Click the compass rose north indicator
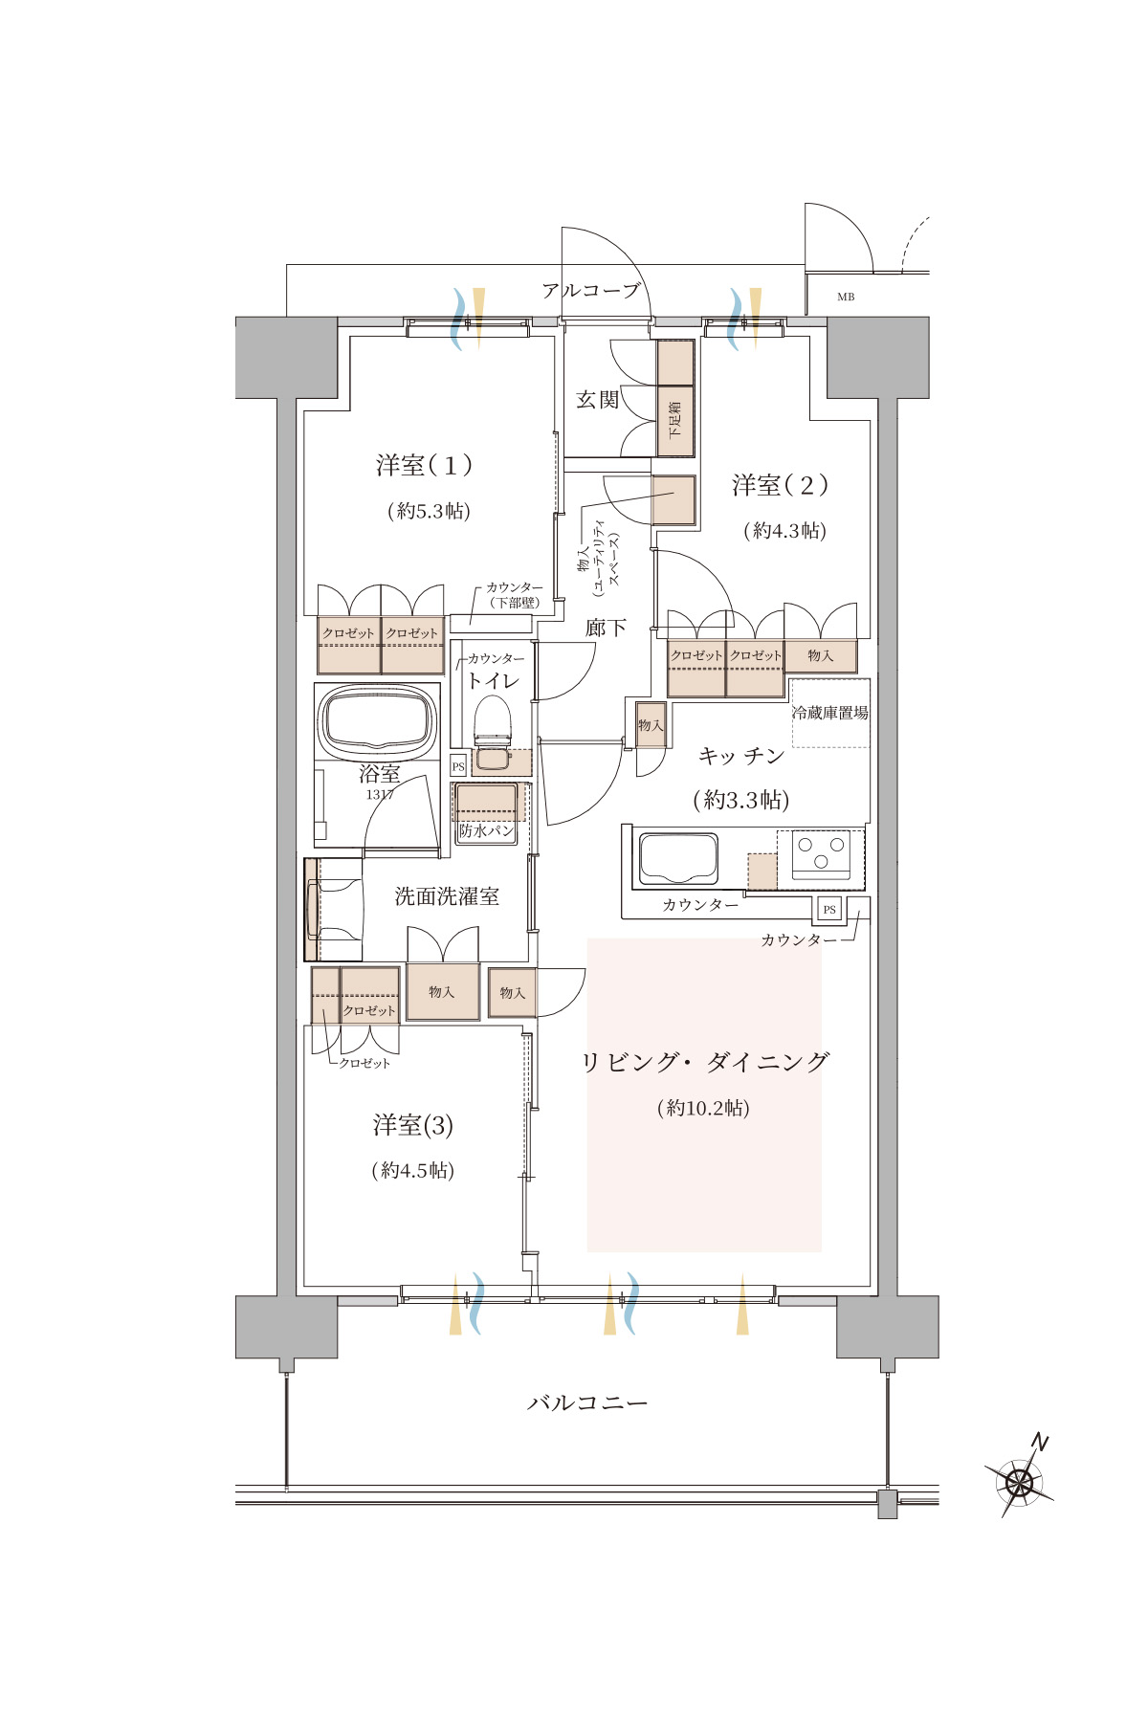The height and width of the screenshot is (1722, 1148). [1019, 1480]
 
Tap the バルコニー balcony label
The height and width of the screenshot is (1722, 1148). [587, 1403]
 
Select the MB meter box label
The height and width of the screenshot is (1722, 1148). [846, 298]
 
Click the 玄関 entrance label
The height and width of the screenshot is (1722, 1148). [598, 400]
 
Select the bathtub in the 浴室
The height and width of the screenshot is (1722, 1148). [377, 719]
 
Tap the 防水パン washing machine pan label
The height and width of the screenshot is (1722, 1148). [487, 830]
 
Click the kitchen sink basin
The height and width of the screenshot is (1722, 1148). [678, 858]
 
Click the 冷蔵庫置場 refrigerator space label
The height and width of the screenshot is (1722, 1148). [830, 713]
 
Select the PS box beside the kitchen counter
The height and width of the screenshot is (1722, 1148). [829, 909]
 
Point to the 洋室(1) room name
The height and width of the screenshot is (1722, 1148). [424, 466]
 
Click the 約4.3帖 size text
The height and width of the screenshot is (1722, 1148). [785, 530]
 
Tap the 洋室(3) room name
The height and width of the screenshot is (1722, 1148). [413, 1125]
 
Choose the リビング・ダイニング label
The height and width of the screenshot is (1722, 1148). [705, 1062]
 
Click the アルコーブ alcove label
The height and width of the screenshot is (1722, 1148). [590, 290]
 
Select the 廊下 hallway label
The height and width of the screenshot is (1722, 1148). [607, 628]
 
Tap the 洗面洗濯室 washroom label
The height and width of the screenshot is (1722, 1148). [447, 896]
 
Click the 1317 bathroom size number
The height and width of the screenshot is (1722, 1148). [380, 795]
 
